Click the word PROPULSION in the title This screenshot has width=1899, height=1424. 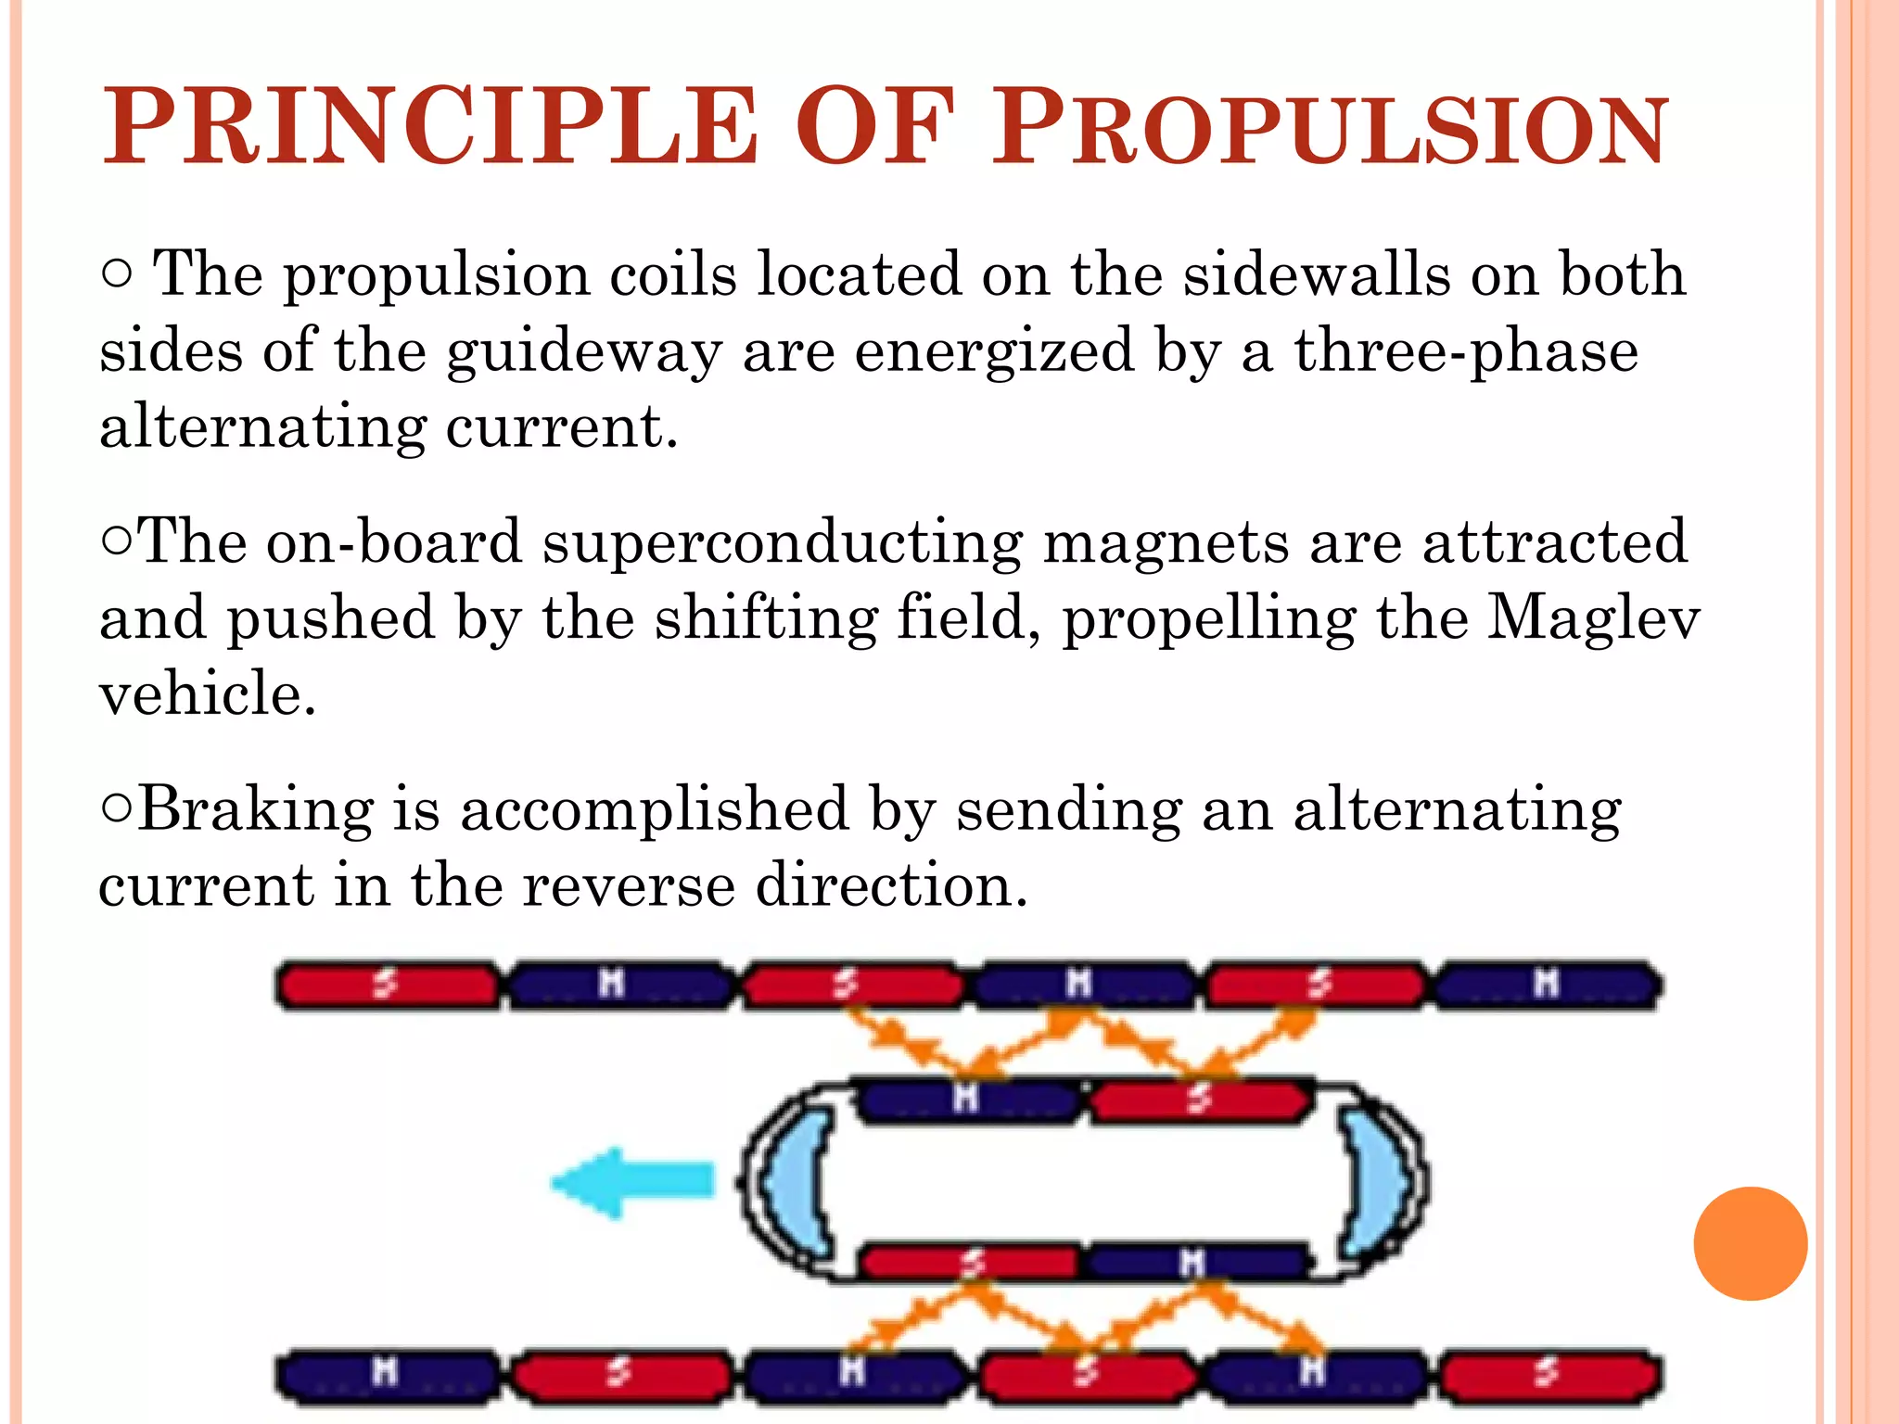pyautogui.click(x=1332, y=128)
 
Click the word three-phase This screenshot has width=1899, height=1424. pyautogui.click(x=1466, y=352)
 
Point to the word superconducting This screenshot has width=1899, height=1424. pyautogui.click(x=783, y=541)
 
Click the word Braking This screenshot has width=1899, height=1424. pyautogui.click(x=256, y=808)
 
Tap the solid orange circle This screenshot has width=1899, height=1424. pyautogui.click(x=1750, y=1243)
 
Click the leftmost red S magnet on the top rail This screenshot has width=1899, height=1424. pyautogui.click(x=388, y=985)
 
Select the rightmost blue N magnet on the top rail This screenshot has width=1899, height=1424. pyautogui.click(x=1547, y=985)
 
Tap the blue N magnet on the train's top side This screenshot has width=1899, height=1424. pyautogui.click(x=968, y=1100)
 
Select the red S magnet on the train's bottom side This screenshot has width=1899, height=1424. pyautogui.click(x=970, y=1261)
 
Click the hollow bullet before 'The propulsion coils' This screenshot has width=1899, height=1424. pyautogui.click(x=117, y=274)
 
